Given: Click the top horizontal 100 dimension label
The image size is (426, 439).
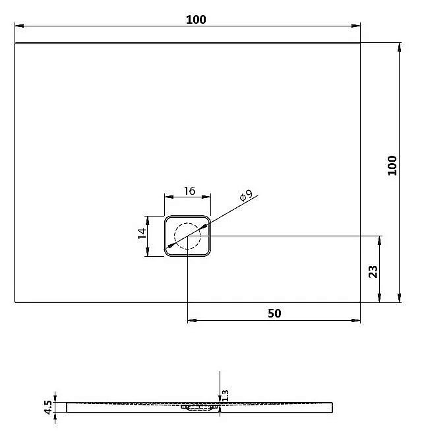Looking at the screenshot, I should click(196, 20).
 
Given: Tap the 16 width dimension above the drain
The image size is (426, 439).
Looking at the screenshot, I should click(189, 191).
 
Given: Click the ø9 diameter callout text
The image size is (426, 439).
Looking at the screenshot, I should click(245, 196).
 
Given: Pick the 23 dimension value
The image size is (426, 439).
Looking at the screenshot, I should click(372, 271).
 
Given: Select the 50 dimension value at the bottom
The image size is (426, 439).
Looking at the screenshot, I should click(274, 313).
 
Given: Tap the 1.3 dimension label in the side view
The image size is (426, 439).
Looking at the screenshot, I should click(226, 395).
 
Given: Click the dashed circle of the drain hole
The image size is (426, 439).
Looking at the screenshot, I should click(187, 236).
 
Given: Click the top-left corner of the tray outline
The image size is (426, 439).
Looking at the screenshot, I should click(15, 44).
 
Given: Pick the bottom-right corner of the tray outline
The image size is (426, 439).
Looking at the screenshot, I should click(361, 302).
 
